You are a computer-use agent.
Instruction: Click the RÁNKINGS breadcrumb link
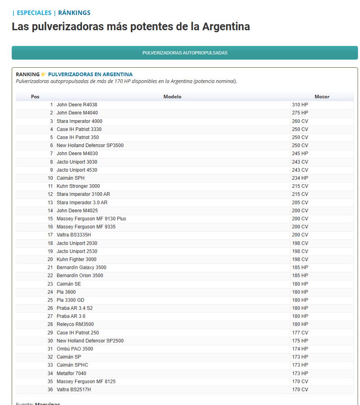[x=74, y=13]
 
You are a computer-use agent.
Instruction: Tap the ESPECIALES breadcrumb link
[x=34, y=13]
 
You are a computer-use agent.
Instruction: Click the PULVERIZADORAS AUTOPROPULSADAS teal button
[x=185, y=53]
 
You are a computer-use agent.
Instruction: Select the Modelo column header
[x=172, y=97]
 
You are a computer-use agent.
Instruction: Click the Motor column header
[x=322, y=97]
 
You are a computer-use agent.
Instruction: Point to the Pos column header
[x=35, y=97]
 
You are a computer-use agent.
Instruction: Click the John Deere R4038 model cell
[x=77, y=105]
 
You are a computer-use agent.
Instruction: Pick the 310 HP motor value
[x=300, y=105]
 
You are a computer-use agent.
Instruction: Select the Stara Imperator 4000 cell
[x=79, y=121]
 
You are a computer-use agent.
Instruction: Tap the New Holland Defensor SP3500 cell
[x=90, y=145]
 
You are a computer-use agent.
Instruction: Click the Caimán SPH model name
[x=71, y=178]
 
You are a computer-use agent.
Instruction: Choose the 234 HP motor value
[x=300, y=178]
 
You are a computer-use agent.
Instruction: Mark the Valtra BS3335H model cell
[x=74, y=235]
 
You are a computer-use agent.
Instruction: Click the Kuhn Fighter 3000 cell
[x=77, y=260]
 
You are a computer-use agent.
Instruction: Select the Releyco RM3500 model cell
[x=75, y=324]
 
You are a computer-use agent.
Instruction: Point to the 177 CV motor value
[x=300, y=333]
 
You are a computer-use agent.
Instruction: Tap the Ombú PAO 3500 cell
[x=75, y=349]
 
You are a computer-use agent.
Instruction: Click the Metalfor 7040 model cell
[x=71, y=374]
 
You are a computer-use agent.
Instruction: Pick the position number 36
[x=50, y=390]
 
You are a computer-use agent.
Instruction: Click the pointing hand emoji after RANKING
[x=44, y=75]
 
